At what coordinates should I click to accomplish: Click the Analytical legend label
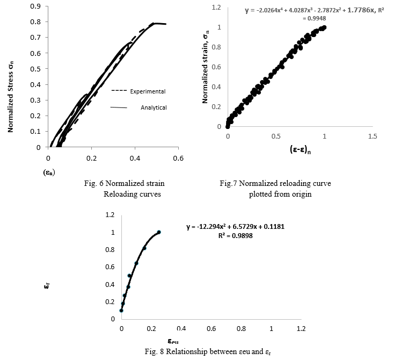[154, 107]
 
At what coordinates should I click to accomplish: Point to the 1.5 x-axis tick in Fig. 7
[373, 136]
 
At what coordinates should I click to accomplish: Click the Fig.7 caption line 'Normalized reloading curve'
[275, 184]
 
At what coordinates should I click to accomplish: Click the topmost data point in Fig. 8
[159, 232]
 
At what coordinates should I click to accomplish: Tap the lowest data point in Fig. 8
[121, 310]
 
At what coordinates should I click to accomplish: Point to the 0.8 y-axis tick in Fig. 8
[110, 250]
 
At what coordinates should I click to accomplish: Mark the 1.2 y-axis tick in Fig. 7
[216, 8]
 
